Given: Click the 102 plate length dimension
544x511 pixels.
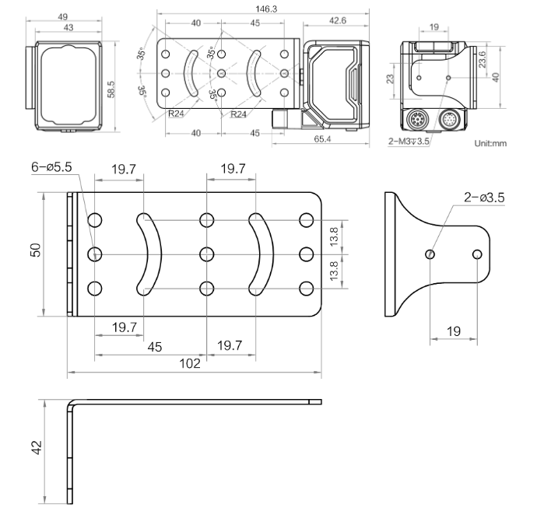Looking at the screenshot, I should click(x=191, y=363).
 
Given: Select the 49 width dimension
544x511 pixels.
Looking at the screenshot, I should click(x=64, y=16).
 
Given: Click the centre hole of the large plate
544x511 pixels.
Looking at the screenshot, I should click(x=206, y=254).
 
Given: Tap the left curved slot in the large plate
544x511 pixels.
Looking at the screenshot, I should click(x=146, y=254).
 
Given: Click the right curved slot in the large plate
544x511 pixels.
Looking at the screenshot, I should click(x=257, y=254).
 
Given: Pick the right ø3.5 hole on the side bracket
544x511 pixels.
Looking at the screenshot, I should click(x=478, y=254).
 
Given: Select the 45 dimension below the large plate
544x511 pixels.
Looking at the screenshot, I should click(x=155, y=346).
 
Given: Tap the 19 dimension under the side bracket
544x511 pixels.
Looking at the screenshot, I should click(x=455, y=331).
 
